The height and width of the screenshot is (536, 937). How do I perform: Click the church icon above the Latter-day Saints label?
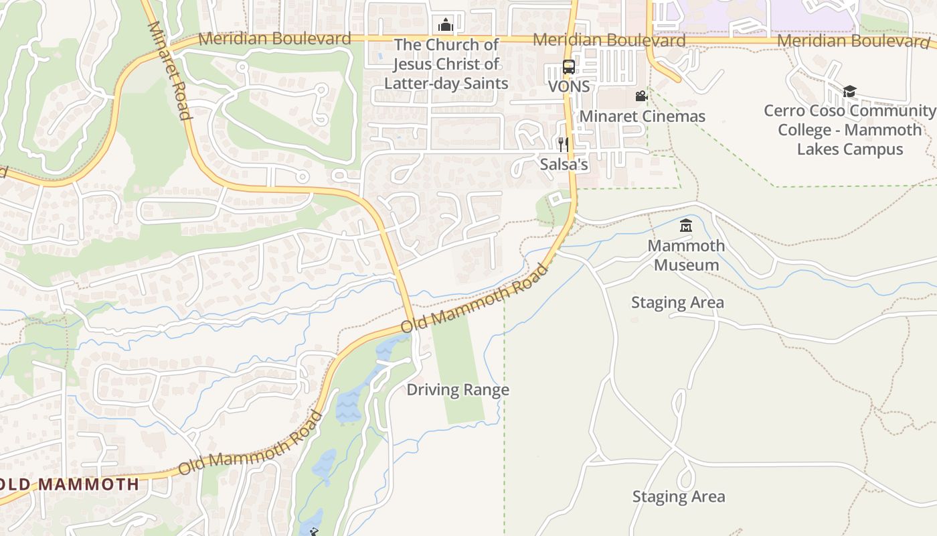(x=445, y=25)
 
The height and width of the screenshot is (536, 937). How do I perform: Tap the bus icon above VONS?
(x=568, y=67)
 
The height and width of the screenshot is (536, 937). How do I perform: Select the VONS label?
(x=569, y=86)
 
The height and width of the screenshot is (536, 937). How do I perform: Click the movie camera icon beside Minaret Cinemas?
(x=641, y=96)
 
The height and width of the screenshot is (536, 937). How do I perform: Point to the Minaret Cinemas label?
(x=642, y=117)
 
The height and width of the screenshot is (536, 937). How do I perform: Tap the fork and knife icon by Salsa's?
(x=563, y=144)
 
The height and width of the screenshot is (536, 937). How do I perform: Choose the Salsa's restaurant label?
(x=564, y=164)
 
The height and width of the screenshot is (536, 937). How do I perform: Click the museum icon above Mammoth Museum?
(x=686, y=226)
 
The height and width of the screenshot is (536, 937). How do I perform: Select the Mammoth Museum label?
(x=686, y=255)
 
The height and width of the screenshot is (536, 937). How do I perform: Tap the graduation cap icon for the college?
(x=849, y=91)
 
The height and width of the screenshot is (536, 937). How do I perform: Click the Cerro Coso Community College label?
(x=849, y=129)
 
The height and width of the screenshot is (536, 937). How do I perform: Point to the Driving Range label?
(x=458, y=390)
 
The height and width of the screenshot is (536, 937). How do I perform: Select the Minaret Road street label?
(x=169, y=70)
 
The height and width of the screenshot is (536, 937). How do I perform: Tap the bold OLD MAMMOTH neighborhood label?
(x=70, y=484)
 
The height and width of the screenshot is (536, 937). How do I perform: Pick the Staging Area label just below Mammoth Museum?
(x=677, y=303)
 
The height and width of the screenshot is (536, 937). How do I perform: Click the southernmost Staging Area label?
(x=679, y=497)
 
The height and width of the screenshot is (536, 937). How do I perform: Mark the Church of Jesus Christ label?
(x=446, y=64)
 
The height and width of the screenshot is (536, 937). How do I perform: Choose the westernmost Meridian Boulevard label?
(x=274, y=38)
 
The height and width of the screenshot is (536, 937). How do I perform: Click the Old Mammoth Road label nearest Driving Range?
(x=475, y=298)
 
